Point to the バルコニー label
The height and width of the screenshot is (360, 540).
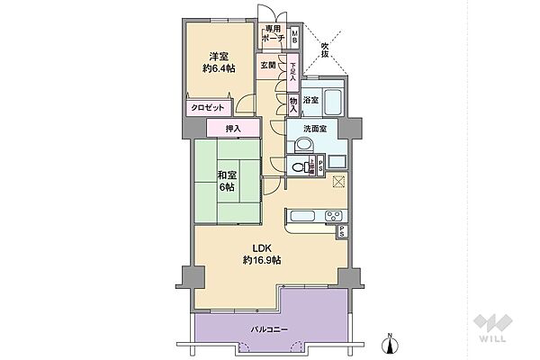(269, 330)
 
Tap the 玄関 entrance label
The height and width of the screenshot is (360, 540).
(268, 65)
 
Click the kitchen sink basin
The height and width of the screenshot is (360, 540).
(302, 216)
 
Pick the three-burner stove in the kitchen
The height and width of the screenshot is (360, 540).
(330, 216)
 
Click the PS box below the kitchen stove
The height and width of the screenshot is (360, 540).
(342, 232)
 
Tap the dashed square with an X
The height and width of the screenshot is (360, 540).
(337, 183)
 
